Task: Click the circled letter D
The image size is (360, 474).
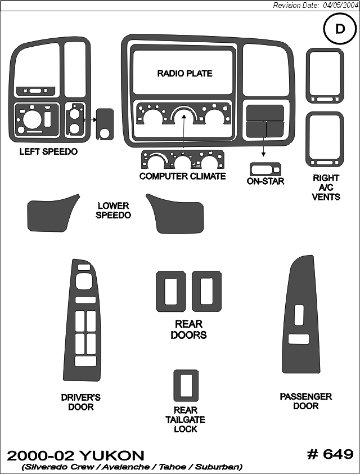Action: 340,29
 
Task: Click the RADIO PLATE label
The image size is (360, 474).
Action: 184,73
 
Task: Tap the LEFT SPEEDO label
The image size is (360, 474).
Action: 48,151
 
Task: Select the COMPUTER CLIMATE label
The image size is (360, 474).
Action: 183,176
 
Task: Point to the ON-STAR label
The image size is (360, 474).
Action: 265,181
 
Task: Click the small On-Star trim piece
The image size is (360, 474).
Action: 265,169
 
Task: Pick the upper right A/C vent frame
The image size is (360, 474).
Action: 325,75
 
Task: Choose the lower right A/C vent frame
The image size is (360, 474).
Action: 325,140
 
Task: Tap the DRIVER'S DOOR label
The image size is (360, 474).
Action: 80,402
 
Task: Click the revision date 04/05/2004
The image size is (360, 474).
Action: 340,6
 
